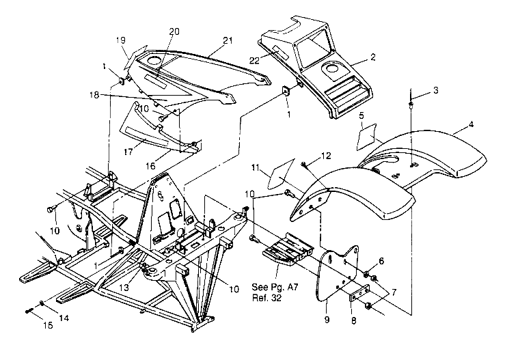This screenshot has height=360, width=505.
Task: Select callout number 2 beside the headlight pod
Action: (x=372, y=58)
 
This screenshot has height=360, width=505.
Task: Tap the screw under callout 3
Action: (x=412, y=105)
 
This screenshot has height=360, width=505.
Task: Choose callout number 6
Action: (x=381, y=260)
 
